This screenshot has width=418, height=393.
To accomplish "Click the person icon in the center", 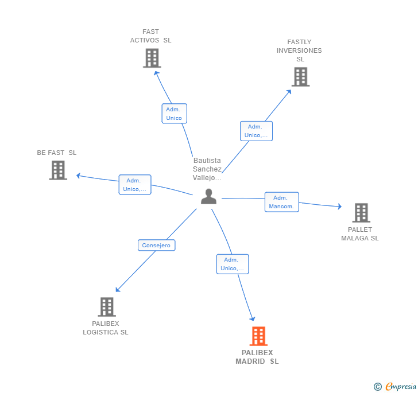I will tap(208, 197).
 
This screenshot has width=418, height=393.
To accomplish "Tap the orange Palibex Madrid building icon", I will tap(258, 336).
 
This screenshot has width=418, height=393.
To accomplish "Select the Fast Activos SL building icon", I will tap(152, 59).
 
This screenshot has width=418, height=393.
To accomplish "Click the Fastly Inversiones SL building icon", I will tap(300, 77).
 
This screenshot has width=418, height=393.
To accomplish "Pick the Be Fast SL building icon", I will tap(58, 170).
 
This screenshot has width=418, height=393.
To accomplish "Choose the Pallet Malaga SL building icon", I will tap(361, 213).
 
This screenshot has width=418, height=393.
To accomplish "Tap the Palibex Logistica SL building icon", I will tap(107, 307).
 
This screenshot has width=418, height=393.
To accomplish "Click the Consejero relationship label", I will tap(156, 245).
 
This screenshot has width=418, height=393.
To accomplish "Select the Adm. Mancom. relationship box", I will tap(281, 202).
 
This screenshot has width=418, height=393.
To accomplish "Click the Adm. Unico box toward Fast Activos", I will tap(174, 114).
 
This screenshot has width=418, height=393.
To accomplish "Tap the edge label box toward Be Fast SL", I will tap(134, 185).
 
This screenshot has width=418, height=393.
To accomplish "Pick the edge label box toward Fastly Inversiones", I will tap(256, 131).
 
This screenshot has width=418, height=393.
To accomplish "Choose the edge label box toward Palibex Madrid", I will tap(233, 264).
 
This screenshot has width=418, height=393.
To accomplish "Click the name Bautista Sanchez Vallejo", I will tap(207, 169).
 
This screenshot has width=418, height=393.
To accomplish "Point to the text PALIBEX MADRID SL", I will tap(257, 357).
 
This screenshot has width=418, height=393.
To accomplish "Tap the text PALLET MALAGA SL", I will tap(360, 234).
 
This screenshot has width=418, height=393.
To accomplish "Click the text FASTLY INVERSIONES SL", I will tap(299, 50).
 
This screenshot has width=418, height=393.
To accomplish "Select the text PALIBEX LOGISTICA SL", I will tap(106, 328).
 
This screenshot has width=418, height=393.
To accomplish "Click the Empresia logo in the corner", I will tap(396, 386).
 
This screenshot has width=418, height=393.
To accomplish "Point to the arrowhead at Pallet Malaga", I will tap(340, 207).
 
